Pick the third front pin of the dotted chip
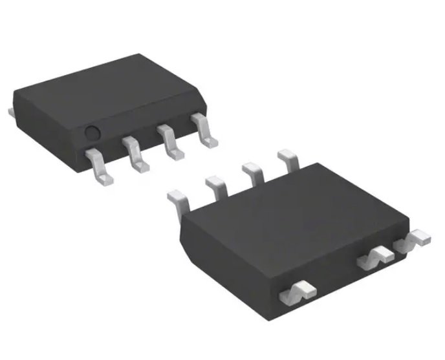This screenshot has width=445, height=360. click(169, 143)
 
